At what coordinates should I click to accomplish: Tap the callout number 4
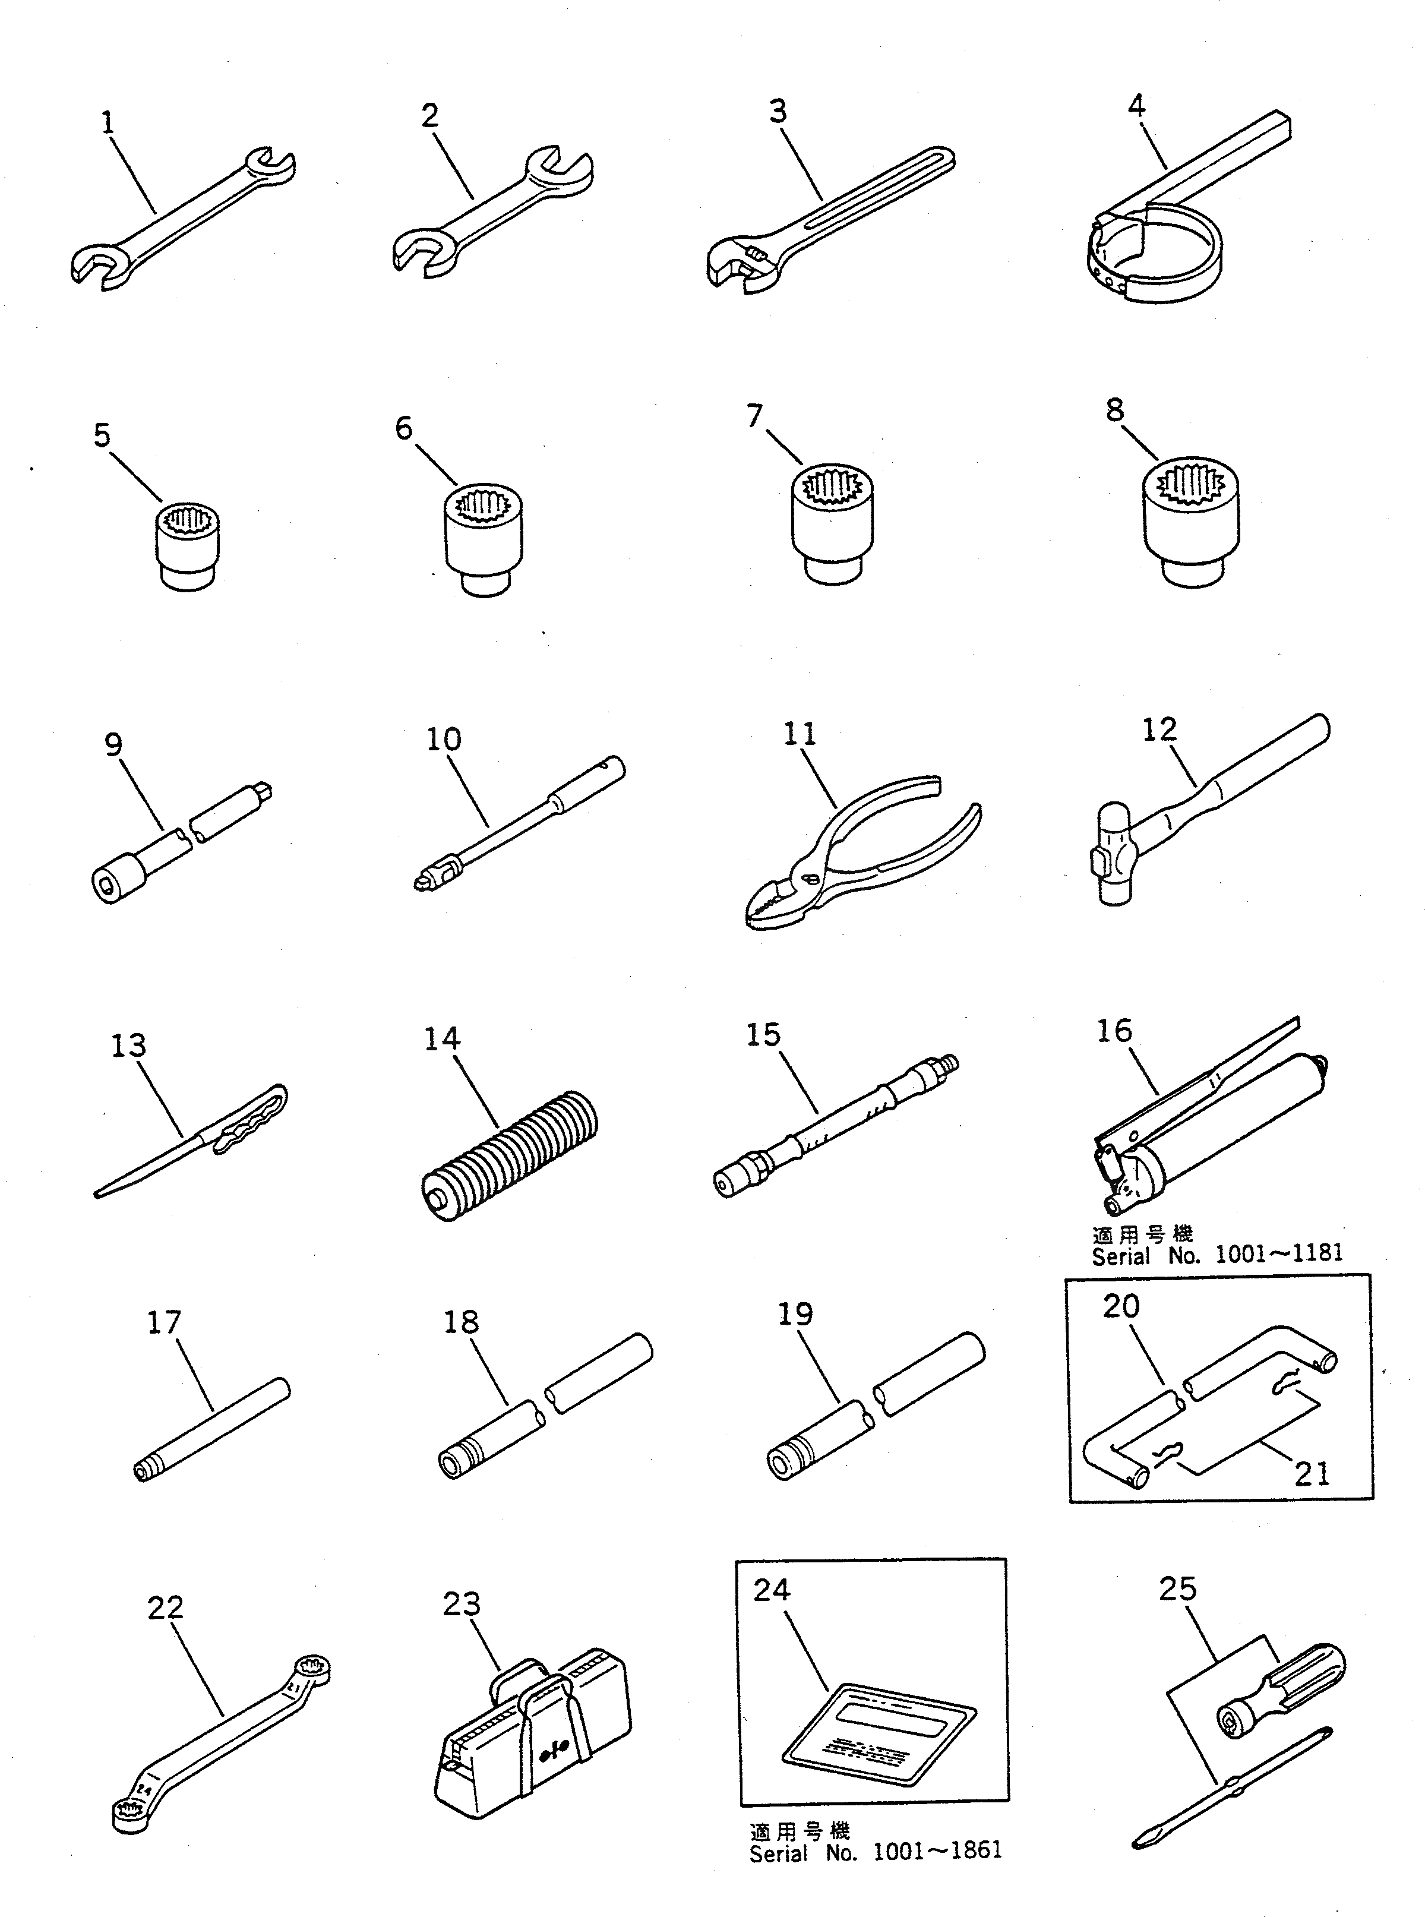[x=1136, y=106]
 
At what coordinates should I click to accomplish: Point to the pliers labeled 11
[x=854, y=854]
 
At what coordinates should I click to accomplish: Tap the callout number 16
[x=1114, y=1030]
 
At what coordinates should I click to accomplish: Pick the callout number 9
[x=113, y=744]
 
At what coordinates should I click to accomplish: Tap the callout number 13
[x=128, y=1046]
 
